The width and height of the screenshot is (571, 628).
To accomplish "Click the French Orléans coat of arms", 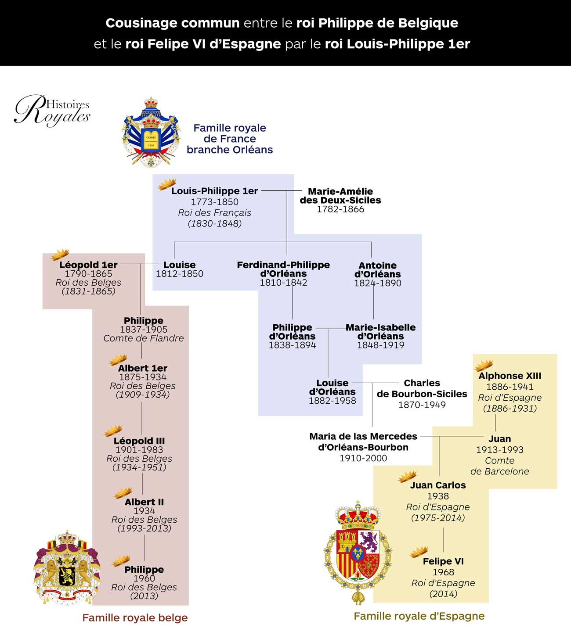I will pyautogui.click(x=151, y=132).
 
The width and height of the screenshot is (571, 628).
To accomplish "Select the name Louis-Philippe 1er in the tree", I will pyautogui.click(x=214, y=191).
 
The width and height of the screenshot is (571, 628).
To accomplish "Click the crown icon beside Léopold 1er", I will pyautogui.click(x=60, y=255).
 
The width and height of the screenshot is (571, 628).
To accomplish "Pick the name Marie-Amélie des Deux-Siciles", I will pyautogui.click(x=340, y=196).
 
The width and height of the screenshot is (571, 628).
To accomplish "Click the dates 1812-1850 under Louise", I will pyautogui.click(x=180, y=274).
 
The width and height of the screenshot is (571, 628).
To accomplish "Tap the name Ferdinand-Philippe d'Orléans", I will pyautogui.click(x=283, y=269).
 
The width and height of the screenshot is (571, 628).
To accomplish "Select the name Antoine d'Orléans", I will pyautogui.click(x=378, y=269).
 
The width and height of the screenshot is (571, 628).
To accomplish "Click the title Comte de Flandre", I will pyautogui.click(x=144, y=338).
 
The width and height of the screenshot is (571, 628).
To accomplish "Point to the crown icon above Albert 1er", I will pyautogui.click(x=118, y=360).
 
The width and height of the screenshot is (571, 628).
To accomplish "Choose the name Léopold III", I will pyautogui.click(x=139, y=441).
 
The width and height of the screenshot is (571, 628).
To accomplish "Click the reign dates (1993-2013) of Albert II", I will pyautogui.click(x=144, y=528).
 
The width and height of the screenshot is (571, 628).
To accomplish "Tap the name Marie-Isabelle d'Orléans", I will pyautogui.click(x=380, y=332).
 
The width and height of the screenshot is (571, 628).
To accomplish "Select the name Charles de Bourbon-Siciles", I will pyautogui.click(x=422, y=388).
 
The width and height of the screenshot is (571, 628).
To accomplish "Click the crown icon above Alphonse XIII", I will pyautogui.click(x=484, y=365).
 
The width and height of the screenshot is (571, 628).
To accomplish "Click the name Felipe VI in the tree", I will pyautogui.click(x=443, y=561).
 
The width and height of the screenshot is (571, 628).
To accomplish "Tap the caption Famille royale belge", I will pyautogui.click(x=135, y=618).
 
